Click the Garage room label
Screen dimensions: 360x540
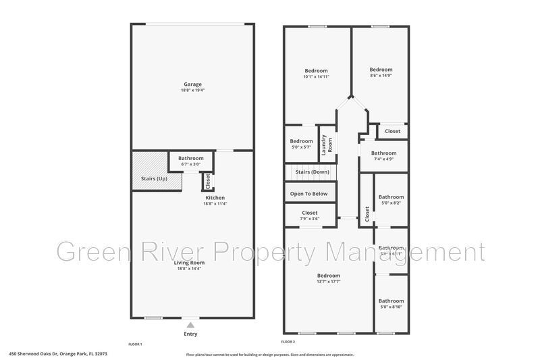click(192, 84)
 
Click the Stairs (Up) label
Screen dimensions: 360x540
click(154, 178)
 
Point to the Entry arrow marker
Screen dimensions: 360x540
click(190, 324)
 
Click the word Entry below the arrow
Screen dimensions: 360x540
click(191, 334)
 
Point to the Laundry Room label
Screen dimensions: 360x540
click(327, 144)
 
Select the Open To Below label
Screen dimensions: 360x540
click(308, 194)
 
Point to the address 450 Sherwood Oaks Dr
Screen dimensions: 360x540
click(57, 353)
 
